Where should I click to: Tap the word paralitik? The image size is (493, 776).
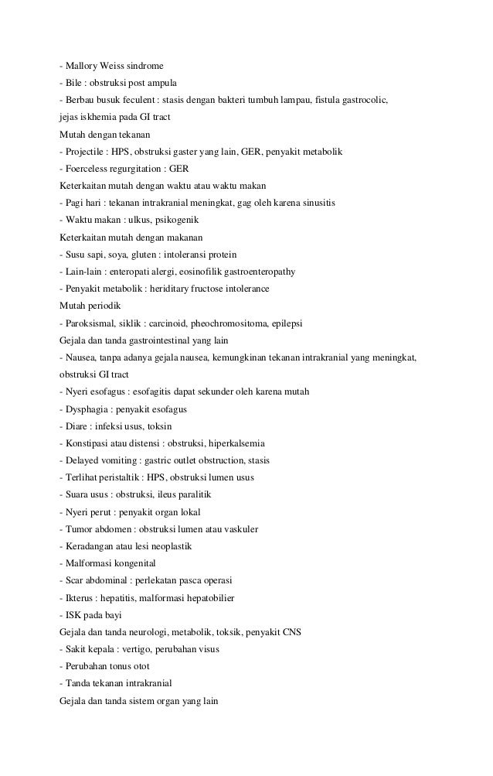(193, 494)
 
